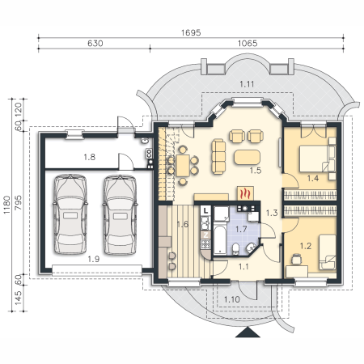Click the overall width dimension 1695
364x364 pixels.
[191, 32]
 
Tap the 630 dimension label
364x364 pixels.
[95, 44]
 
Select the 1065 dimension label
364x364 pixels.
[248, 44]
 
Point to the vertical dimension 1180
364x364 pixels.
[6, 205]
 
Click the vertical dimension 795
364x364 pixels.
[18, 203]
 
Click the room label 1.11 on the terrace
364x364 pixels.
[247, 84]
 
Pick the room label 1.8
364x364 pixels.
[89, 157]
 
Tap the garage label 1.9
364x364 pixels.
[94, 259]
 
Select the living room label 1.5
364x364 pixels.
[256, 171]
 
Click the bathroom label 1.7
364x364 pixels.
[241, 229]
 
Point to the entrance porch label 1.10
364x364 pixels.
[232, 299]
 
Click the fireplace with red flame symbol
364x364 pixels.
[245, 193]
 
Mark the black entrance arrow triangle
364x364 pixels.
[248, 332]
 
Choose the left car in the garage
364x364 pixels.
[70, 214]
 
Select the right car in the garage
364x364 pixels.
[120, 215]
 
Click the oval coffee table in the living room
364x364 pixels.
[248, 157]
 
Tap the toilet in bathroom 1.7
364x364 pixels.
[235, 249]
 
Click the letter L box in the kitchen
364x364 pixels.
[206, 210]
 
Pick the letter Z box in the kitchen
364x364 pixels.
[206, 235]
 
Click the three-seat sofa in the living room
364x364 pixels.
[218, 156]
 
